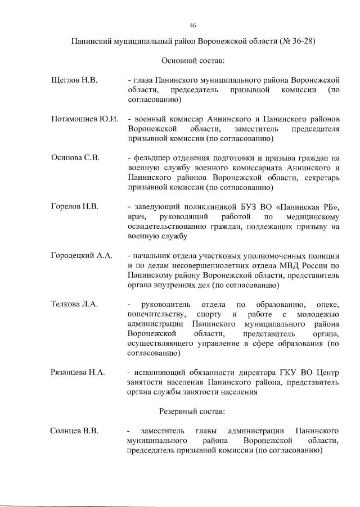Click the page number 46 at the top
[193, 25]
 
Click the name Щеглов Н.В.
[74, 80]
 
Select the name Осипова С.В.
[75, 157]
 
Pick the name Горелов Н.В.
[75, 207]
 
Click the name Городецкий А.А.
[82, 256]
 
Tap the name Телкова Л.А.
[75, 304]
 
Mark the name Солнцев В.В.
[75, 431]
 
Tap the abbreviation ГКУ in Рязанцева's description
[284, 373]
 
